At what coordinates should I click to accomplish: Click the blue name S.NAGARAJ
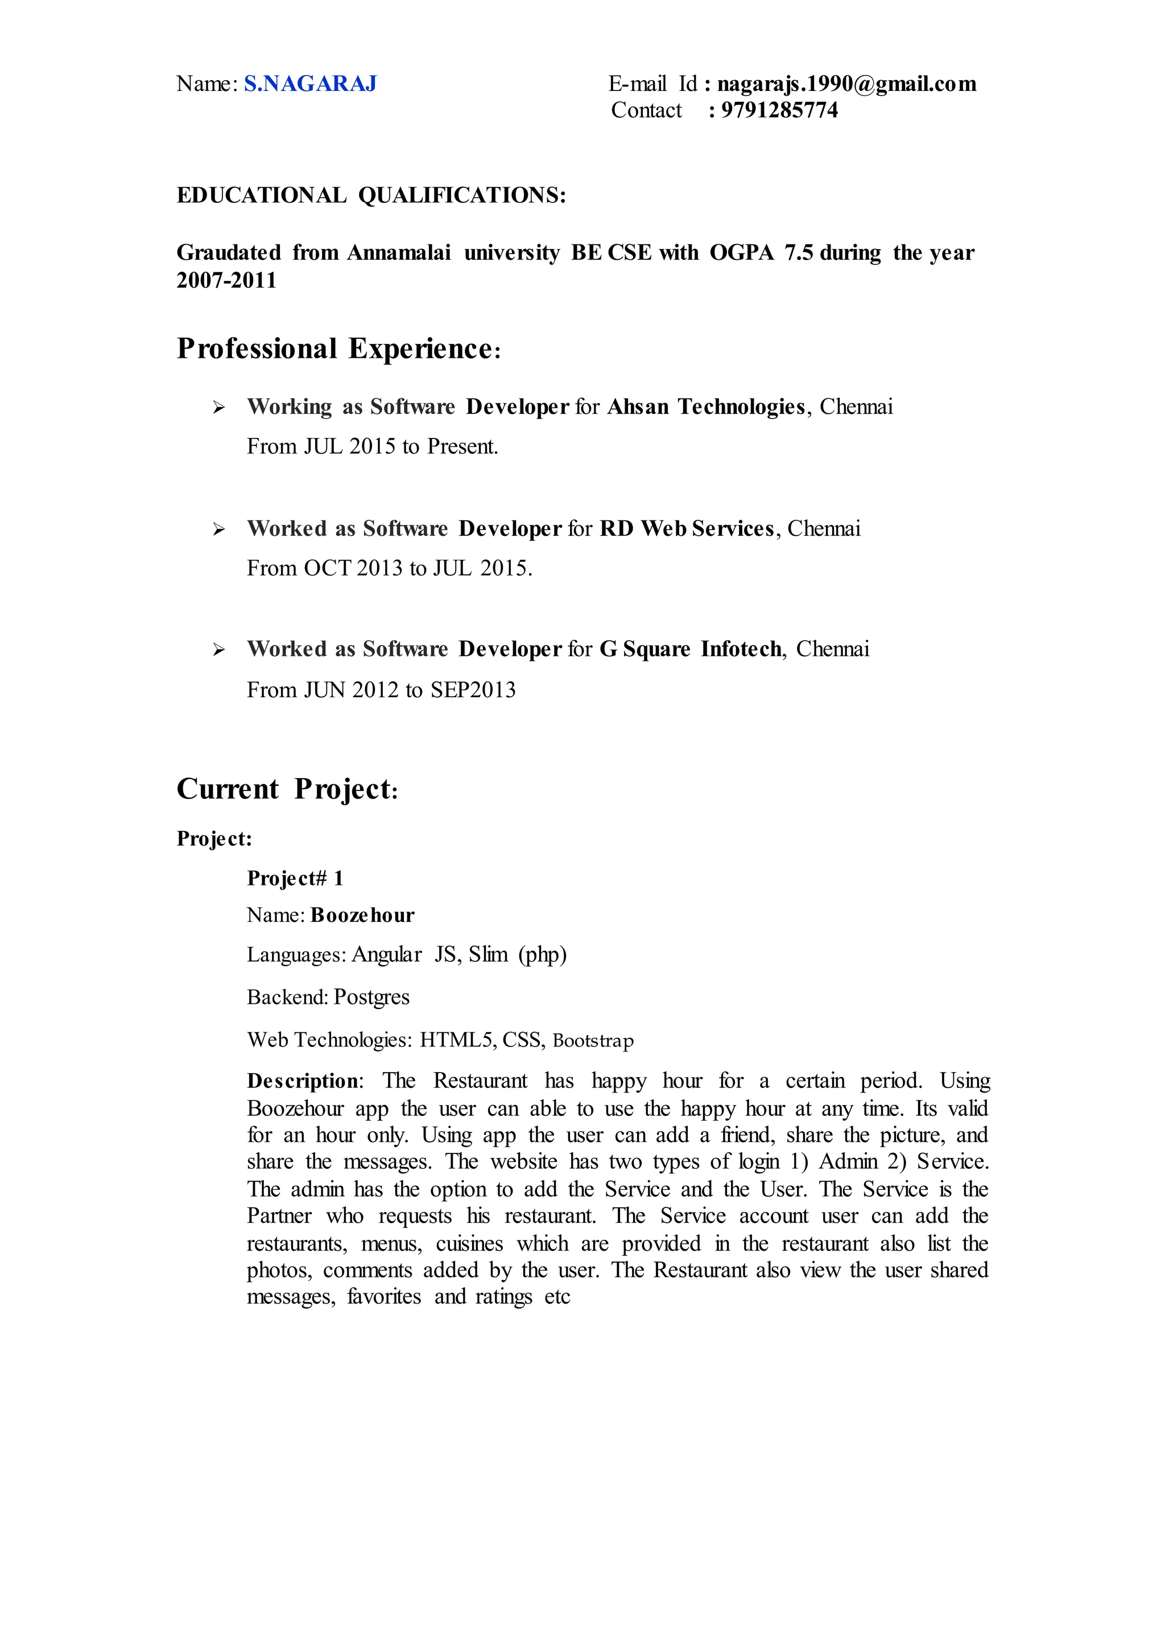click(310, 85)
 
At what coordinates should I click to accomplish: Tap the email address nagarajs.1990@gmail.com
click(846, 85)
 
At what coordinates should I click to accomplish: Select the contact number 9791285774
click(779, 110)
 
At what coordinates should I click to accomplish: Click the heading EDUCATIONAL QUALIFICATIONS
click(371, 195)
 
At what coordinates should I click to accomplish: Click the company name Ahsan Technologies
click(706, 407)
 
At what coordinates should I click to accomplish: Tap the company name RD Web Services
click(687, 529)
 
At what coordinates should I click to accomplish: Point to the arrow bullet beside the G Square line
click(219, 650)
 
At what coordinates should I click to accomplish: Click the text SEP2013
click(473, 690)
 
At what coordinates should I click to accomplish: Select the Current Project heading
click(287, 790)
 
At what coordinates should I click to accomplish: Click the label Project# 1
click(295, 879)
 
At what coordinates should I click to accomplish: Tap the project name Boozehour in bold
click(362, 916)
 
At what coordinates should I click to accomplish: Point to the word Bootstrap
click(593, 1041)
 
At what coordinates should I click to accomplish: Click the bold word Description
click(303, 1081)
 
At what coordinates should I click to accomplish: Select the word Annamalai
click(399, 253)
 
